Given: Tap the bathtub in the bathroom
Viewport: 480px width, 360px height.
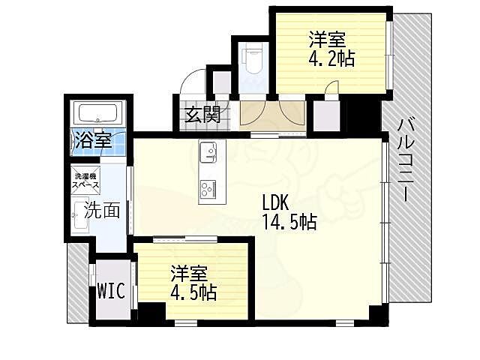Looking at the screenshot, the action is click(x=98, y=113).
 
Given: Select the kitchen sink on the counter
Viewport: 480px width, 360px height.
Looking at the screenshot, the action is click(x=208, y=152).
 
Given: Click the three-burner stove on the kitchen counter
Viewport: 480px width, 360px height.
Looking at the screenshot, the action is click(x=208, y=188).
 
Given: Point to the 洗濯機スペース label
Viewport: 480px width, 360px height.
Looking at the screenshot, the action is click(x=85, y=181).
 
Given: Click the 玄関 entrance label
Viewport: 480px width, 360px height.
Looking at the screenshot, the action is click(x=202, y=115).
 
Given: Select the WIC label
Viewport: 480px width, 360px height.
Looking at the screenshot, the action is click(x=111, y=290).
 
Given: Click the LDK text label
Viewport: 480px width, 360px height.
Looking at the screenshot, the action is click(x=275, y=202).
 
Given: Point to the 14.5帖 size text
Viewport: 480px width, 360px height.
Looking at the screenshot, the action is click(x=289, y=222).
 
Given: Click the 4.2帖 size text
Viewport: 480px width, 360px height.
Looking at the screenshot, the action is click(x=331, y=58).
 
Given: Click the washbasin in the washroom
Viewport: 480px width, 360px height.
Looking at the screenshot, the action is click(x=80, y=215).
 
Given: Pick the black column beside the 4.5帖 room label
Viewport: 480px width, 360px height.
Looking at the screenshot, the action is click(x=151, y=311).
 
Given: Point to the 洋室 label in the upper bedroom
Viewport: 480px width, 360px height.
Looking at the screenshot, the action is click(x=327, y=40).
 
